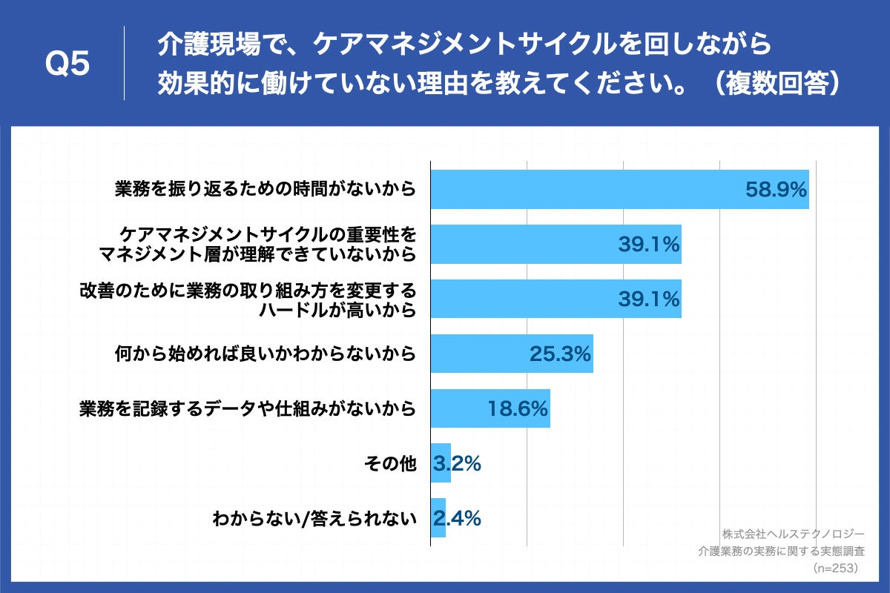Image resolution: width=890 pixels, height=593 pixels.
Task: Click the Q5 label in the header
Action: pos(67,64)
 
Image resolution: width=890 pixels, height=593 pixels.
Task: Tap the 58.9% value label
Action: pos(775,190)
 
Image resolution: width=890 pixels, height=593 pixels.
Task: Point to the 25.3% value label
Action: pos(560,354)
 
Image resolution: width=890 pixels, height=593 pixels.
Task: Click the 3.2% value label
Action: pos(457,463)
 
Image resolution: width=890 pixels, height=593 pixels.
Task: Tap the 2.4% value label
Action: pos(457,518)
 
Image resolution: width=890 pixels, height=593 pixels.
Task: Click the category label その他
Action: pos(390,463)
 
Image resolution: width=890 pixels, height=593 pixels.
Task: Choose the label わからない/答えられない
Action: pos(313,518)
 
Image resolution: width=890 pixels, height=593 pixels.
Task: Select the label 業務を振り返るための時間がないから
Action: pos(265,190)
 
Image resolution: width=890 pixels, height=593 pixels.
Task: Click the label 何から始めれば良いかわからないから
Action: pos(265,354)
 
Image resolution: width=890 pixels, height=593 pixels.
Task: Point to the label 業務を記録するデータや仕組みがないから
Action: pos(247,408)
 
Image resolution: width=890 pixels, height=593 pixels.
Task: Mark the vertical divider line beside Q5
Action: pos(124,64)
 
